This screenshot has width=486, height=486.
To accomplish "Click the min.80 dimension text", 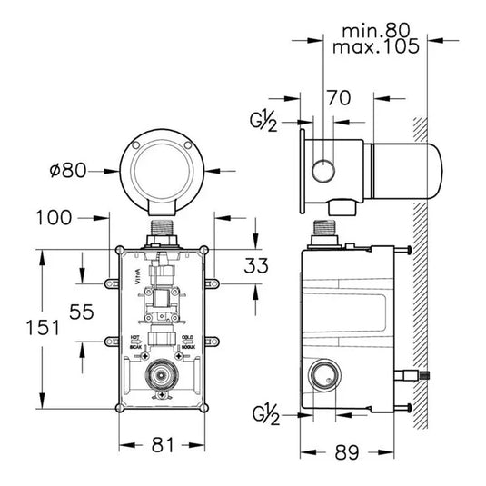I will [377, 30].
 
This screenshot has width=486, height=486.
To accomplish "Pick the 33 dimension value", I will [257, 267].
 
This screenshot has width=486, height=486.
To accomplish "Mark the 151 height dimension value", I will [21, 328].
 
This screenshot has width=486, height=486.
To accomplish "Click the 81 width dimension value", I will [162, 445].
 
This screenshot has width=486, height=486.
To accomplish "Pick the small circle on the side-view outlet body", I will [322, 168].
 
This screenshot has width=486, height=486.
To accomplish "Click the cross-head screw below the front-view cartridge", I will [162, 398].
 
